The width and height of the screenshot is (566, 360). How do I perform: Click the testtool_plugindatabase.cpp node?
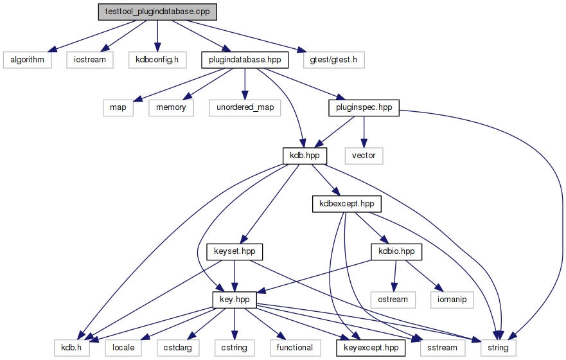click(x=157, y=12)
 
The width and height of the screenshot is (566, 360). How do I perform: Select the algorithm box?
click(x=28, y=60)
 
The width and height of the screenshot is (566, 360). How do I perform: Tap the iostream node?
click(x=90, y=60)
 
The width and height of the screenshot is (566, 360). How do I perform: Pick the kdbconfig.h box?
click(x=157, y=60)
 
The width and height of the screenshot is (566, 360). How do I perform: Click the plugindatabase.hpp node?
click(x=245, y=60)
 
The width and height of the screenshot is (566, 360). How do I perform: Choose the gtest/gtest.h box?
click(x=334, y=60)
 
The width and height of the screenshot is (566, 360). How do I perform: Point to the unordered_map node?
click(x=245, y=107)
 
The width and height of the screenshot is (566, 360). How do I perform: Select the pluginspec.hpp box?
click(x=364, y=107)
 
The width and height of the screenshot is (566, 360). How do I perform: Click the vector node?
click(x=364, y=156)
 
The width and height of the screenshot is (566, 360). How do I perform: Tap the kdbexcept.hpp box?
click(x=346, y=204)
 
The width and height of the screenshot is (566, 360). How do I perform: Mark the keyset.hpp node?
click(x=234, y=251)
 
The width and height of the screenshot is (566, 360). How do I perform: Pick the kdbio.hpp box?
click(x=396, y=251)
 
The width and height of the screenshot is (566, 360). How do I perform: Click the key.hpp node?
click(x=234, y=300)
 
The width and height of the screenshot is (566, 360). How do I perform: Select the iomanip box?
click(x=452, y=300)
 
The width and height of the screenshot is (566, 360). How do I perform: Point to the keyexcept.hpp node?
click(x=371, y=348)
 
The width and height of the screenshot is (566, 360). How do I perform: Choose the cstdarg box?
click(x=177, y=348)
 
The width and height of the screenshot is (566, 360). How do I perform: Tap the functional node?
click(x=295, y=348)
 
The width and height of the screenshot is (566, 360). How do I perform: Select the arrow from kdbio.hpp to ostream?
click(x=395, y=276)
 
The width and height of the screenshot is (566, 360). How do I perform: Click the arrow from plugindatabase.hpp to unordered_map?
click(x=245, y=84)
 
